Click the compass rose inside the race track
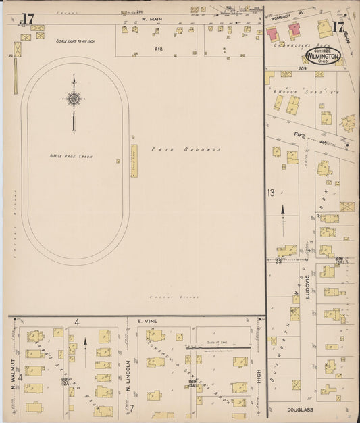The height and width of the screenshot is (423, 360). point(73,99)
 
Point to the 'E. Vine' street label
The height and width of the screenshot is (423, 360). point(147,322)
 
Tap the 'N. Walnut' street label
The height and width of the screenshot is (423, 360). point(13,386)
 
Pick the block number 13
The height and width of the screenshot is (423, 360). point(271,193)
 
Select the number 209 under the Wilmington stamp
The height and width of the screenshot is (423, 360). point(301,69)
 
